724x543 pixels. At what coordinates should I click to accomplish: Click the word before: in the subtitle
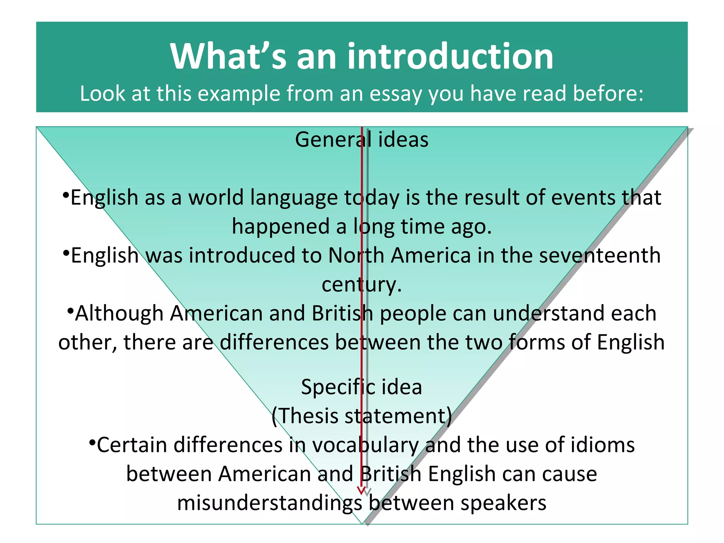pos(608,94)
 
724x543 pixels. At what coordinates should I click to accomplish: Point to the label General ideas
pos(362,140)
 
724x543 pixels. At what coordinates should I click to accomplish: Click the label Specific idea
pos(362,387)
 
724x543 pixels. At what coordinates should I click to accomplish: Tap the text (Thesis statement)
pos(362,416)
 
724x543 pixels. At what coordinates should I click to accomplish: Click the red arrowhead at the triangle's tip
pos(361,490)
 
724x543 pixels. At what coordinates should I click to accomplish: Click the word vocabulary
pos(366,445)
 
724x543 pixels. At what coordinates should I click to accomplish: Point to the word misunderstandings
pos(269,503)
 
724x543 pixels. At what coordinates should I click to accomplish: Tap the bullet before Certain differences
pos(92,442)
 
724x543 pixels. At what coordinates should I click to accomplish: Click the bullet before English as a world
pos(65,195)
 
